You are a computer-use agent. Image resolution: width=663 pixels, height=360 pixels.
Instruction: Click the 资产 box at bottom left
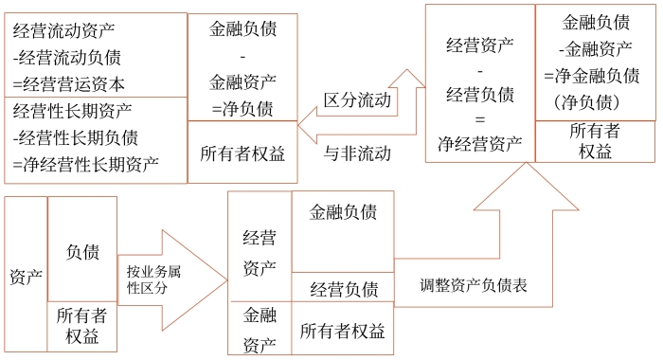coord(26,277)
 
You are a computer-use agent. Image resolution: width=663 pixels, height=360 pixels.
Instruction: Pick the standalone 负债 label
coord(81,252)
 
